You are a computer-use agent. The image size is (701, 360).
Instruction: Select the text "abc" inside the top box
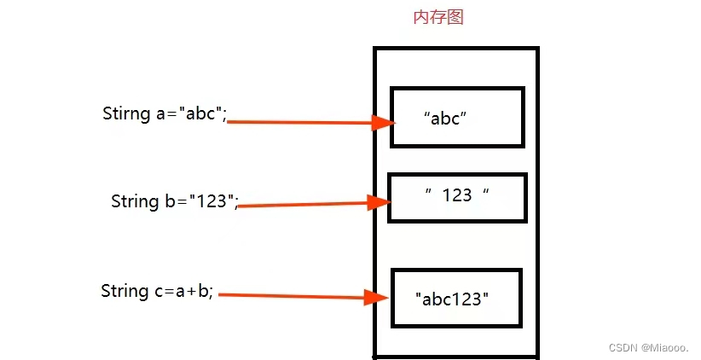pyautogui.click(x=446, y=119)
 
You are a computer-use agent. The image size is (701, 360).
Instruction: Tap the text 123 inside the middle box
pyautogui.click(x=457, y=195)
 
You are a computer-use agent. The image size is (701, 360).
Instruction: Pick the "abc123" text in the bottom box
pyautogui.click(x=453, y=299)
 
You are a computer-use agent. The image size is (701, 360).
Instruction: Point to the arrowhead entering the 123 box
pyautogui.click(x=379, y=202)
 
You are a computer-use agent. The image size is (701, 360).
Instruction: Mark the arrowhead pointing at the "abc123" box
pyautogui.click(x=378, y=297)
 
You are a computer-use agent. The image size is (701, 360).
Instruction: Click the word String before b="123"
pyautogui.click(x=135, y=201)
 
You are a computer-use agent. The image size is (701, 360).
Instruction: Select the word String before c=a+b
pyautogui.click(x=125, y=291)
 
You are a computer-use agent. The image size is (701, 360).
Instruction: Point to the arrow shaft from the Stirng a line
pyautogui.click(x=298, y=122)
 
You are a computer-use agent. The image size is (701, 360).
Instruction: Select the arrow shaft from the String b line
pyautogui.click(x=303, y=205)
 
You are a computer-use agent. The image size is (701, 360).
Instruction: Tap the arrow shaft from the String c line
pyautogui.click(x=290, y=295)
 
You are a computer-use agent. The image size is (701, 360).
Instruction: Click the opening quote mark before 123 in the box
pyautogui.click(x=429, y=191)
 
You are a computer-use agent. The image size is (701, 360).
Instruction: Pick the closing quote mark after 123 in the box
pyautogui.click(x=485, y=191)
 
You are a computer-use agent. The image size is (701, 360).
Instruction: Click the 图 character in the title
pyautogui.click(x=455, y=17)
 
